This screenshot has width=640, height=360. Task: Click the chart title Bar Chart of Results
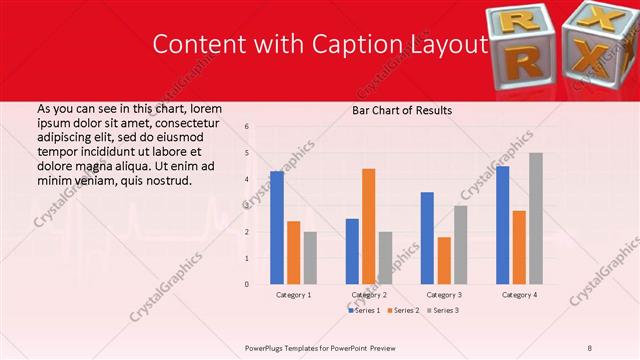[x=401, y=110]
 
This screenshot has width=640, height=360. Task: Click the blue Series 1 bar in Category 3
[x=427, y=238]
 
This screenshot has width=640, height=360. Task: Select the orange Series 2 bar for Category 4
[x=519, y=247]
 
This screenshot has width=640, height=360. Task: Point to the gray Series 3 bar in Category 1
[x=310, y=258]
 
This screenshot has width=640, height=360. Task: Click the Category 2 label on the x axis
[x=368, y=295]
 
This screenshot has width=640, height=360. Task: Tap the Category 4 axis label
[x=519, y=295]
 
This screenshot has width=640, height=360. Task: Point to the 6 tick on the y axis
[x=246, y=127]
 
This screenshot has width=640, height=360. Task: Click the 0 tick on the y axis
[x=246, y=284]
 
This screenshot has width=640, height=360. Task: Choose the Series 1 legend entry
[x=363, y=311]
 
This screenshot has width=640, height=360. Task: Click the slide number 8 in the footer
[x=589, y=347]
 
